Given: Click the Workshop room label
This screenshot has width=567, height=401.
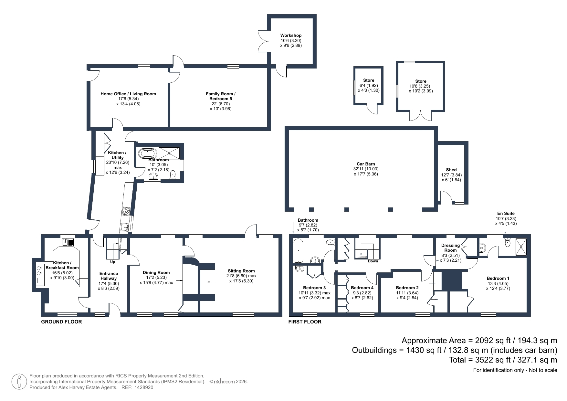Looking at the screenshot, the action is [291, 36].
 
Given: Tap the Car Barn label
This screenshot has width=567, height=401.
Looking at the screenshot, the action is [366, 164].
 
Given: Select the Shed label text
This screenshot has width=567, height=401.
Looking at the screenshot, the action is [451, 170].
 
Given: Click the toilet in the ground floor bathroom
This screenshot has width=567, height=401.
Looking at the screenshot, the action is [173, 174].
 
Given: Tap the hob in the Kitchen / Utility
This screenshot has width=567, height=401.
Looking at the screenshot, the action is [126, 211].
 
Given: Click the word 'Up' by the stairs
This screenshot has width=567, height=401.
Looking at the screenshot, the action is [112, 262].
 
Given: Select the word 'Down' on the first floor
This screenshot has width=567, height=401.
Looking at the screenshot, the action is [373, 261].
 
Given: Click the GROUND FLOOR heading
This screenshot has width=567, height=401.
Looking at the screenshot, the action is [61, 322].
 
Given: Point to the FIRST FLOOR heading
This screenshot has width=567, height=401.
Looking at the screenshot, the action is [305, 322].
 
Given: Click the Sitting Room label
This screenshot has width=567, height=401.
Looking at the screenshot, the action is [241, 271].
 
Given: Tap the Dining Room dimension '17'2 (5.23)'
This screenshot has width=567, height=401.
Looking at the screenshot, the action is [156, 278].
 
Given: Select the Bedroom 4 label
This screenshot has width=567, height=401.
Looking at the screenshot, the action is [362, 288].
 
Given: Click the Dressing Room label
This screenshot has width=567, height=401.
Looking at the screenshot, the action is [450, 248].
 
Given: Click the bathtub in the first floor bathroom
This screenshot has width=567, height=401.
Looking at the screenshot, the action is [298, 251].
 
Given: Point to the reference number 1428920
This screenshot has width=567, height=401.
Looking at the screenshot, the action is [144, 387].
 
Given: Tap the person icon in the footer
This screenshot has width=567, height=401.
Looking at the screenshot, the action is [19, 382].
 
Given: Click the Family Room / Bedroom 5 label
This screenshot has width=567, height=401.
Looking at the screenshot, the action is [221, 96].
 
